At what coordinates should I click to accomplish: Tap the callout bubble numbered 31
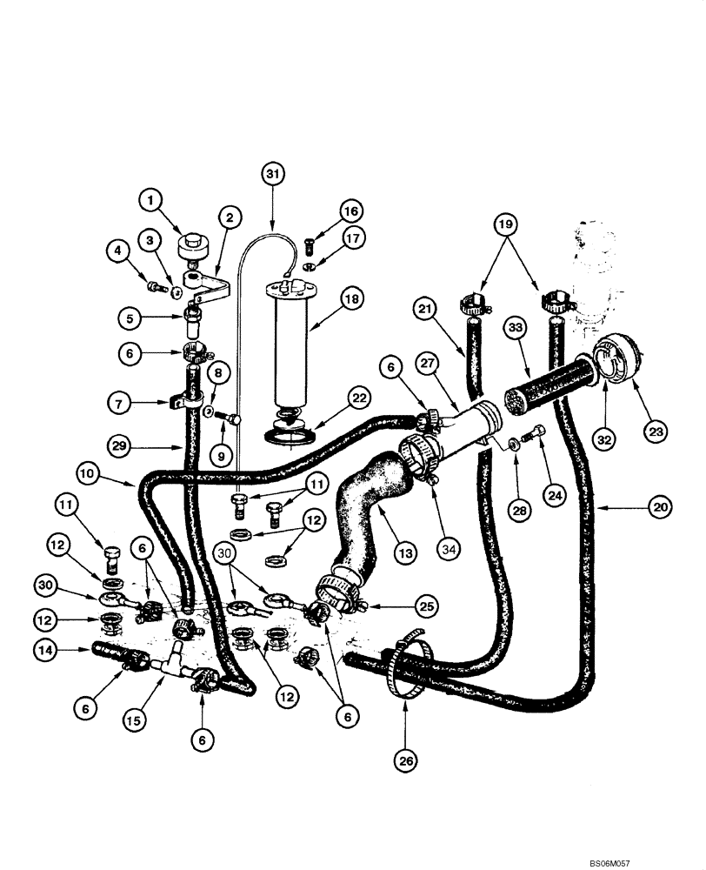273,173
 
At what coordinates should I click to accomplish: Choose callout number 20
660,506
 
